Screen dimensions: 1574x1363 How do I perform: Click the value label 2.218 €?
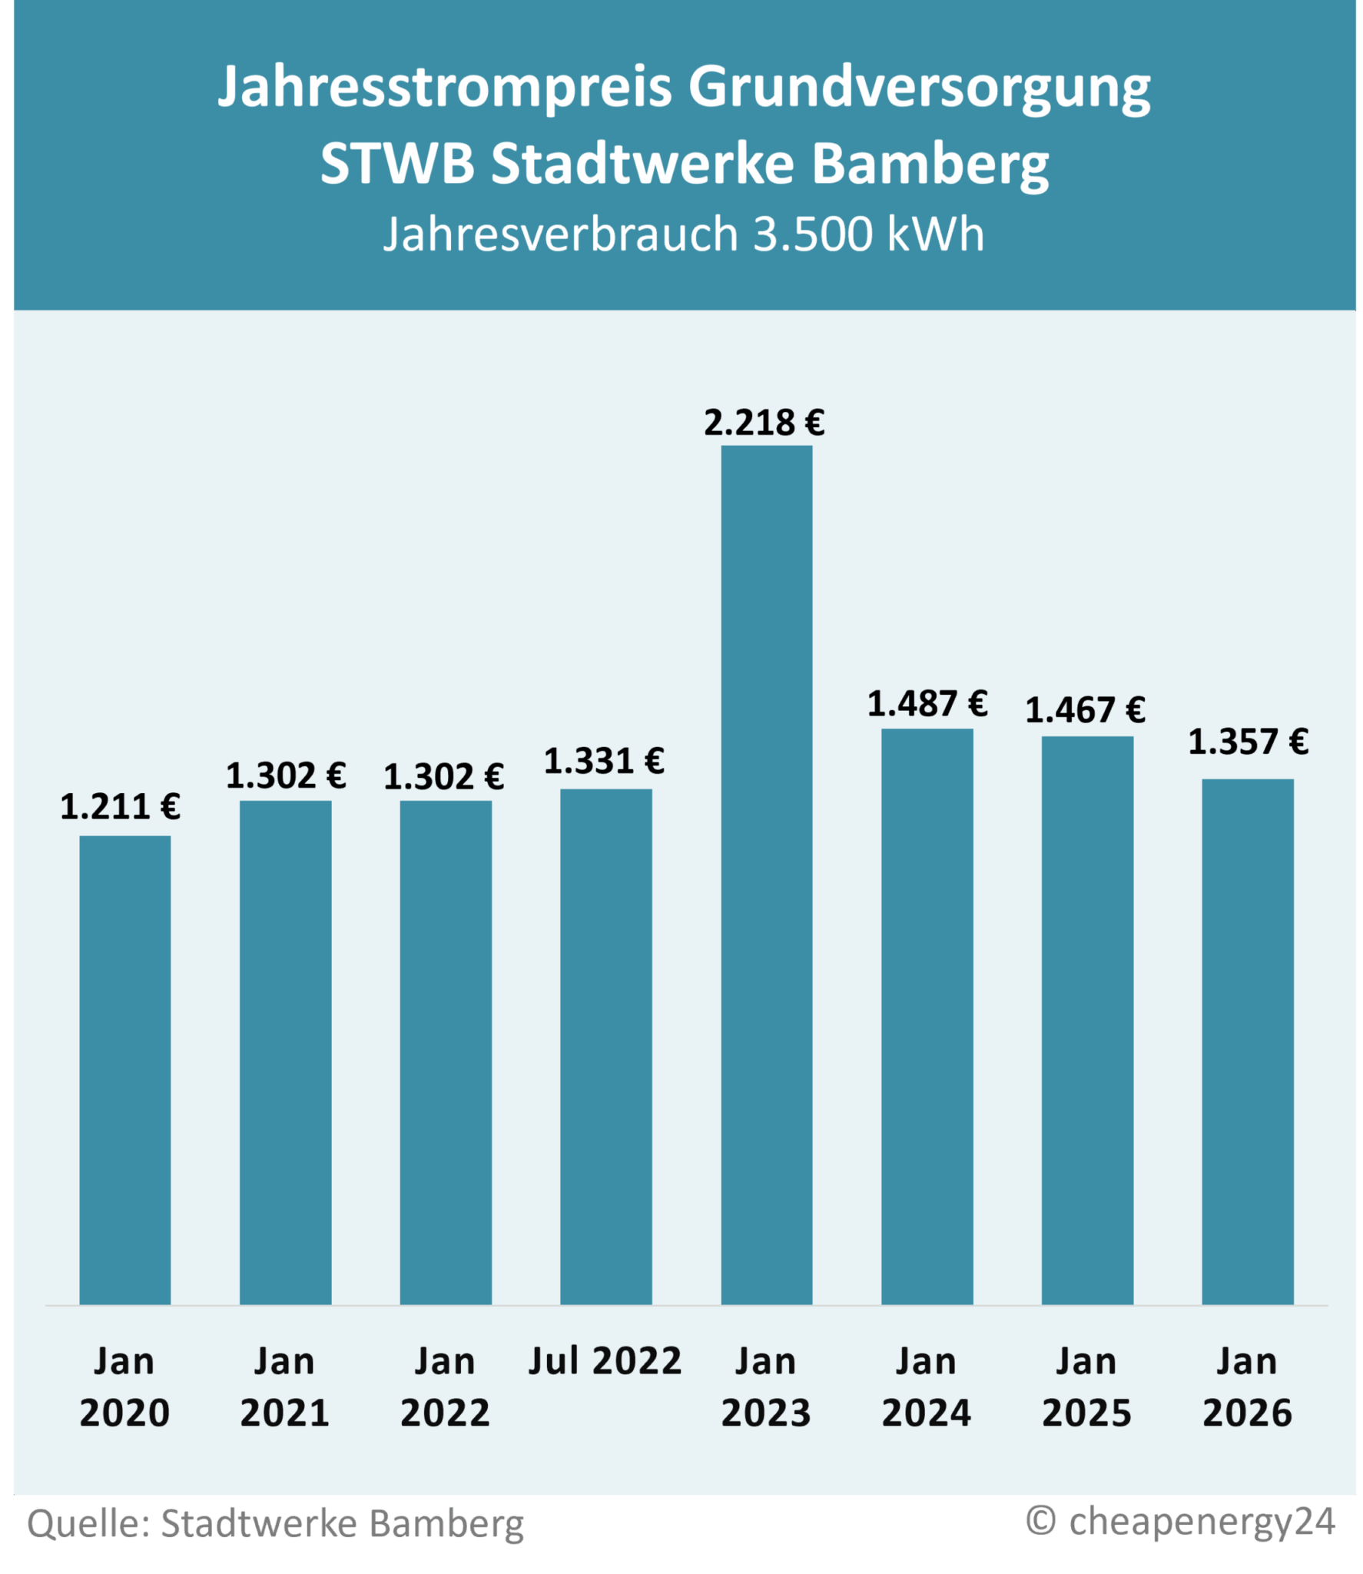(x=764, y=423)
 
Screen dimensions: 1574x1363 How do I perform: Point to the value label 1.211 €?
(x=120, y=807)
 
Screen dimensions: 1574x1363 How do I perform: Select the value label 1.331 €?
(x=604, y=762)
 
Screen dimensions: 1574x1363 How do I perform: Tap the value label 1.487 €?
(x=927, y=704)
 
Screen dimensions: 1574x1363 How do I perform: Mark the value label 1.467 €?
(x=1085, y=710)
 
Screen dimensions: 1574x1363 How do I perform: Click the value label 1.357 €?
(x=1248, y=742)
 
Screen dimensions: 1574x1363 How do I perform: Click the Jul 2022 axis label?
(x=605, y=1361)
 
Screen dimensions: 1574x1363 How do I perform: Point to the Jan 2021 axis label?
(x=284, y=1386)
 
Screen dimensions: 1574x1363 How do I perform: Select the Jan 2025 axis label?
(x=1086, y=1386)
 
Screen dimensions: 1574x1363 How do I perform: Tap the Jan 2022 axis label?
(x=445, y=1386)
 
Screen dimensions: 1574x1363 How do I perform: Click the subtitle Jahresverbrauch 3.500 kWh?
(x=683, y=234)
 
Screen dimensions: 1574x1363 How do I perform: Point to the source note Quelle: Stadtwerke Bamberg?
(x=275, y=1524)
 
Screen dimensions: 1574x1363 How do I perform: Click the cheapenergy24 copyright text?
(x=1180, y=1521)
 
